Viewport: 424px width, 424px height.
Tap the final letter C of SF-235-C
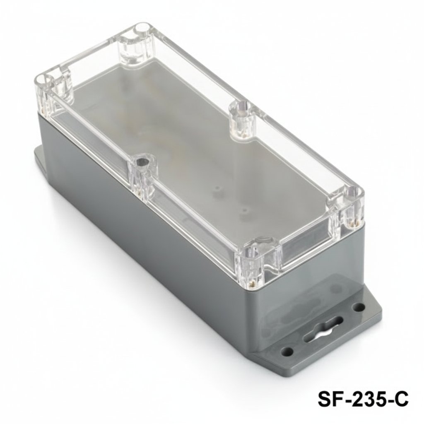[x=402, y=400]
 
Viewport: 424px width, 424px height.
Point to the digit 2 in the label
[x=355, y=400]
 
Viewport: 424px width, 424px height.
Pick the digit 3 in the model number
[x=366, y=400]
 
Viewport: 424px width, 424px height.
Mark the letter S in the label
[x=324, y=400]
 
